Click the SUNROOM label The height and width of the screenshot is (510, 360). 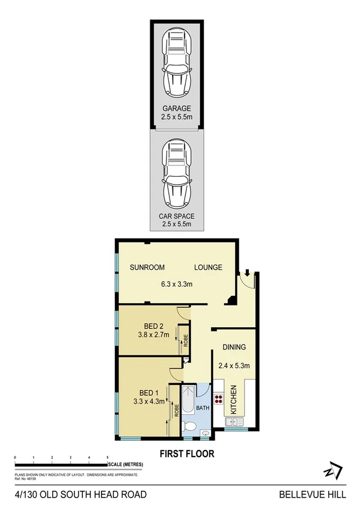point(148,268)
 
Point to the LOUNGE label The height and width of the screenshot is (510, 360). point(208,268)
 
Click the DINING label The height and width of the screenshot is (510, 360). point(234,347)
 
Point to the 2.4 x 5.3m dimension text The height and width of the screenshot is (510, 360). point(234,364)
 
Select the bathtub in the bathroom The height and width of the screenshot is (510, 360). point(189,399)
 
